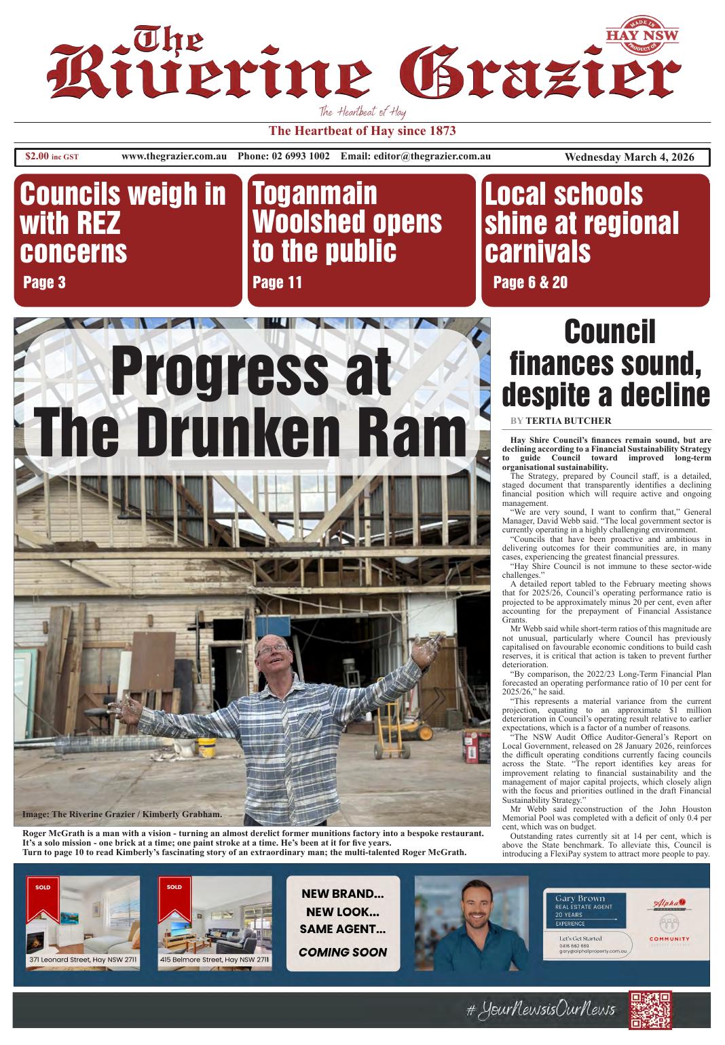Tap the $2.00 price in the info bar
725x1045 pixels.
[x=37, y=157]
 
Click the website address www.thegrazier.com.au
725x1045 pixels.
[x=174, y=157]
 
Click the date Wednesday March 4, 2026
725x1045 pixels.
[x=629, y=157]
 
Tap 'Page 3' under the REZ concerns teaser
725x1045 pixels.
[x=44, y=282]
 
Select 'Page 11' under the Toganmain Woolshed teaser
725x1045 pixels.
[x=277, y=282]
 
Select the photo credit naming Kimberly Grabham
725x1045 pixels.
[x=122, y=814]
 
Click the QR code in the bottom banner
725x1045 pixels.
[x=650, y=1010]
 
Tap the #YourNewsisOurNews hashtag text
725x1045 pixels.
[x=540, y=1010]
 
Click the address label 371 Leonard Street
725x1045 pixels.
[x=83, y=960]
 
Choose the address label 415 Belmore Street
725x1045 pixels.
[x=215, y=960]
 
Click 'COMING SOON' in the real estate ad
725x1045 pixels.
[x=343, y=952]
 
